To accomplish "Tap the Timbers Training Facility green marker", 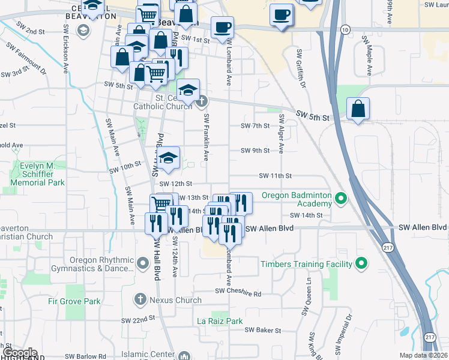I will (361, 263).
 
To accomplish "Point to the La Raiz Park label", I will (220, 322).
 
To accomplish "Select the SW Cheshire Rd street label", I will (238, 293).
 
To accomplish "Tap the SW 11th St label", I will (275, 176).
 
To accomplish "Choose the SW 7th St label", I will (255, 126).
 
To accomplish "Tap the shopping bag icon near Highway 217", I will (358, 109).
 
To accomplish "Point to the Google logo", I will (19, 352).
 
